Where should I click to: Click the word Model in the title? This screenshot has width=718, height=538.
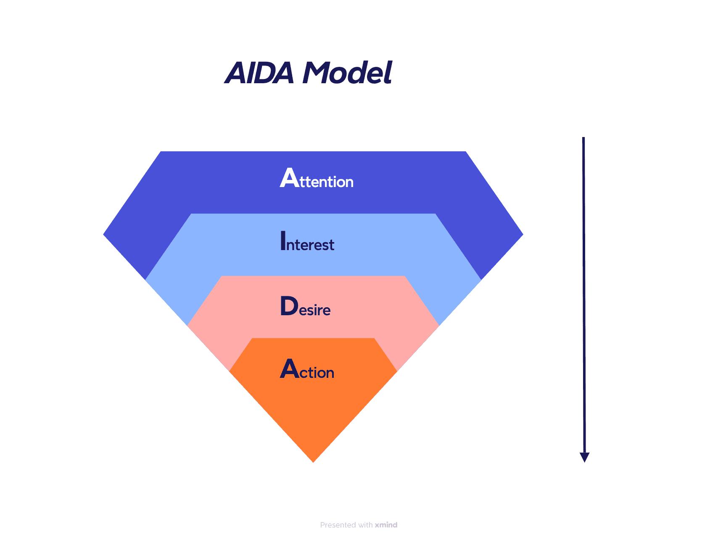pyautogui.click(x=347, y=73)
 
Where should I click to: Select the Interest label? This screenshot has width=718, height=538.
pyautogui.click(x=307, y=242)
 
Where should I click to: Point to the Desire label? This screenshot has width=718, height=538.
pyautogui.click(x=305, y=307)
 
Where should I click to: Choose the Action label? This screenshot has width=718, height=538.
pyautogui.click(x=307, y=370)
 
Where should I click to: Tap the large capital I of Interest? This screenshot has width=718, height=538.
pyautogui.click(x=283, y=241)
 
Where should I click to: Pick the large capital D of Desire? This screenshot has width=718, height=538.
pyautogui.click(x=289, y=306)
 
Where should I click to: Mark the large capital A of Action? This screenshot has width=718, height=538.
pyautogui.click(x=289, y=369)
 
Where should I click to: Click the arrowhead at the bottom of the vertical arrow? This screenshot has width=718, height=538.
pyautogui.click(x=584, y=458)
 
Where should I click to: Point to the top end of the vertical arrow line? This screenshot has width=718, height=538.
pyautogui.click(x=583, y=138)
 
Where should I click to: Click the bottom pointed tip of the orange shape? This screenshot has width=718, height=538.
pyautogui.click(x=313, y=462)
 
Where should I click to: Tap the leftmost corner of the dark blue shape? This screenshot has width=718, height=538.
pyautogui.click(x=104, y=234)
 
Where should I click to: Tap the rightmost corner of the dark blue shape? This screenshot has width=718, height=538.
pyautogui.click(x=523, y=234)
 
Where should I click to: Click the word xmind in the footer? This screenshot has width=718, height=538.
pyautogui.click(x=386, y=525)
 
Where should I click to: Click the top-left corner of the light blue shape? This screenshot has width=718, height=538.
pyautogui.click(x=191, y=214)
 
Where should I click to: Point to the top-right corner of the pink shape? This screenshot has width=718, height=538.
pyautogui.click(x=404, y=277)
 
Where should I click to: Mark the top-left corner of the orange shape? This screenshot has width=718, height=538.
pyautogui.click(x=252, y=338)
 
